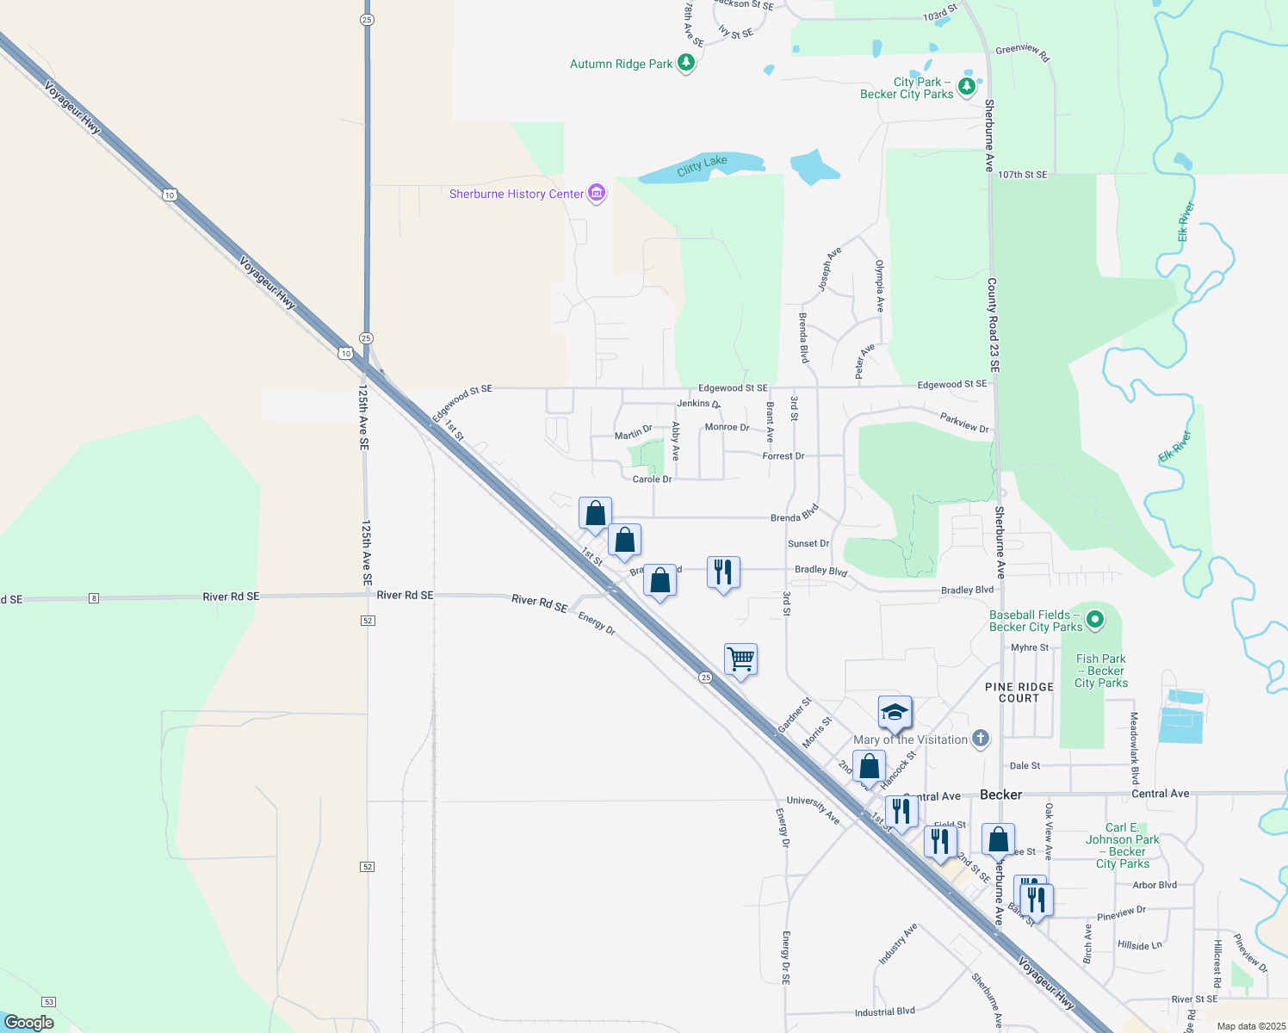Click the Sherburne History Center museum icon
pos(597,194)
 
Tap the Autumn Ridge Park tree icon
pos(686,63)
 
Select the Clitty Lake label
pos(702,165)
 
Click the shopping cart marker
pos(740,660)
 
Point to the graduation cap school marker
pos(895,713)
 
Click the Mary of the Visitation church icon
pos(980,739)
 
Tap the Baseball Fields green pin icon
pos(1095,619)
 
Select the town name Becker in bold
pos(1001,795)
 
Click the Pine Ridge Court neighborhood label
pos(1019,693)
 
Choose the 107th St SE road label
pos(1022,175)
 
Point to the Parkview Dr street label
pos(964,423)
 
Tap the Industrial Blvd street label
pos(884,1012)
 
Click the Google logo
pos(29,1023)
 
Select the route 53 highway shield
pos(49,1002)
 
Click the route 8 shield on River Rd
pos(94,598)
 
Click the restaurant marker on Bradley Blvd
pos(722,572)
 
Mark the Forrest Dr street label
pos(783,456)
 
